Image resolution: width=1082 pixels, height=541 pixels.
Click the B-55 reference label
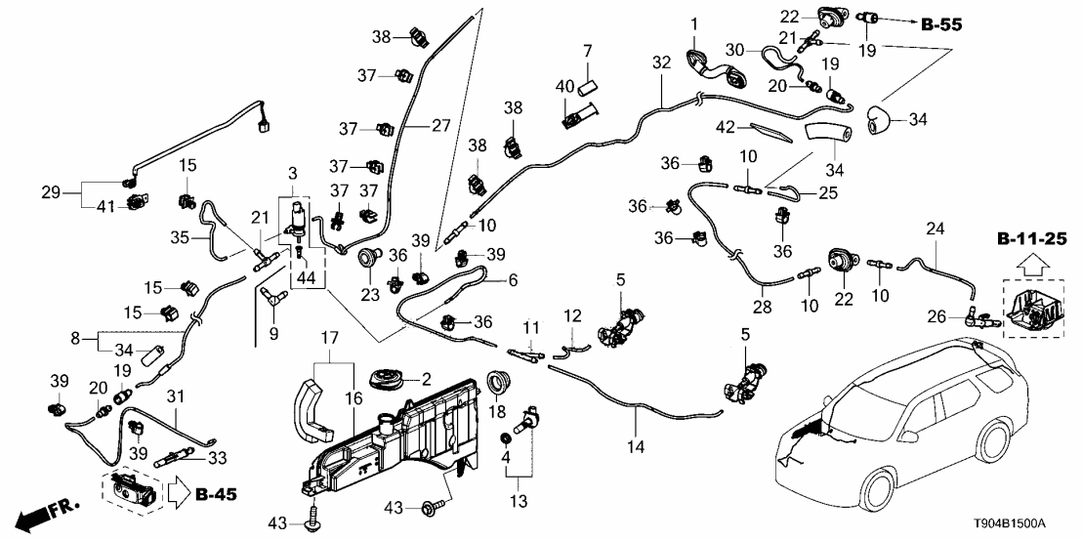(x=940, y=25)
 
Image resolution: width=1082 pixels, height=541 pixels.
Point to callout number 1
(x=695, y=22)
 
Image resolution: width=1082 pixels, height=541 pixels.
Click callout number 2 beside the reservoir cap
(x=424, y=379)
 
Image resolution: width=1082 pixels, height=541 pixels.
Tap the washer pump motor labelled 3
(x=298, y=220)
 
